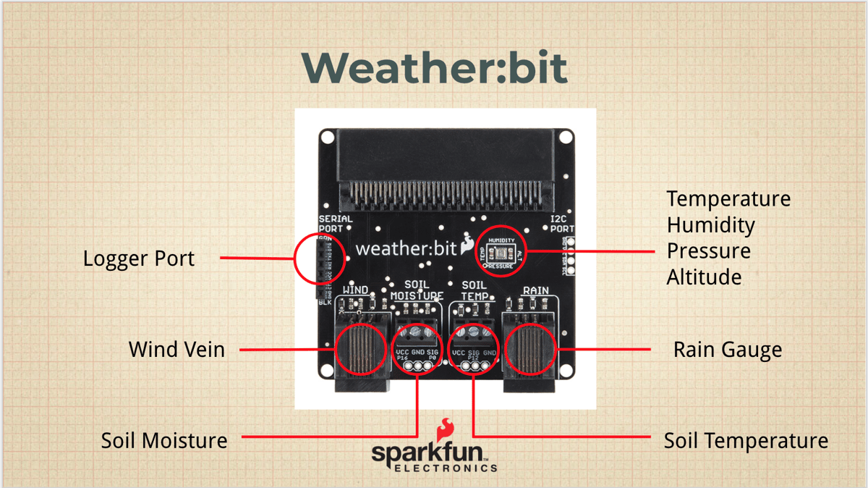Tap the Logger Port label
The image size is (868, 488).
(139, 258)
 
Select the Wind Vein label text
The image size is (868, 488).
(176, 349)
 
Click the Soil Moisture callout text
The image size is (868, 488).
(164, 439)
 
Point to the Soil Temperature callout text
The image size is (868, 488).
(746, 440)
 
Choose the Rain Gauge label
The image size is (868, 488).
(728, 350)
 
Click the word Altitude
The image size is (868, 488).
(704, 277)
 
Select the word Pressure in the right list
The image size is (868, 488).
(709, 251)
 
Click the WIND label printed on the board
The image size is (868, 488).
(355, 290)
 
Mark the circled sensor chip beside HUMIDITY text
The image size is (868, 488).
(501, 253)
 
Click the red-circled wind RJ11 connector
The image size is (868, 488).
(360, 348)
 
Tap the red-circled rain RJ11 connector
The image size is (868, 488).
(531, 348)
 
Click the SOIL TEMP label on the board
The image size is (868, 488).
(475, 290)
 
